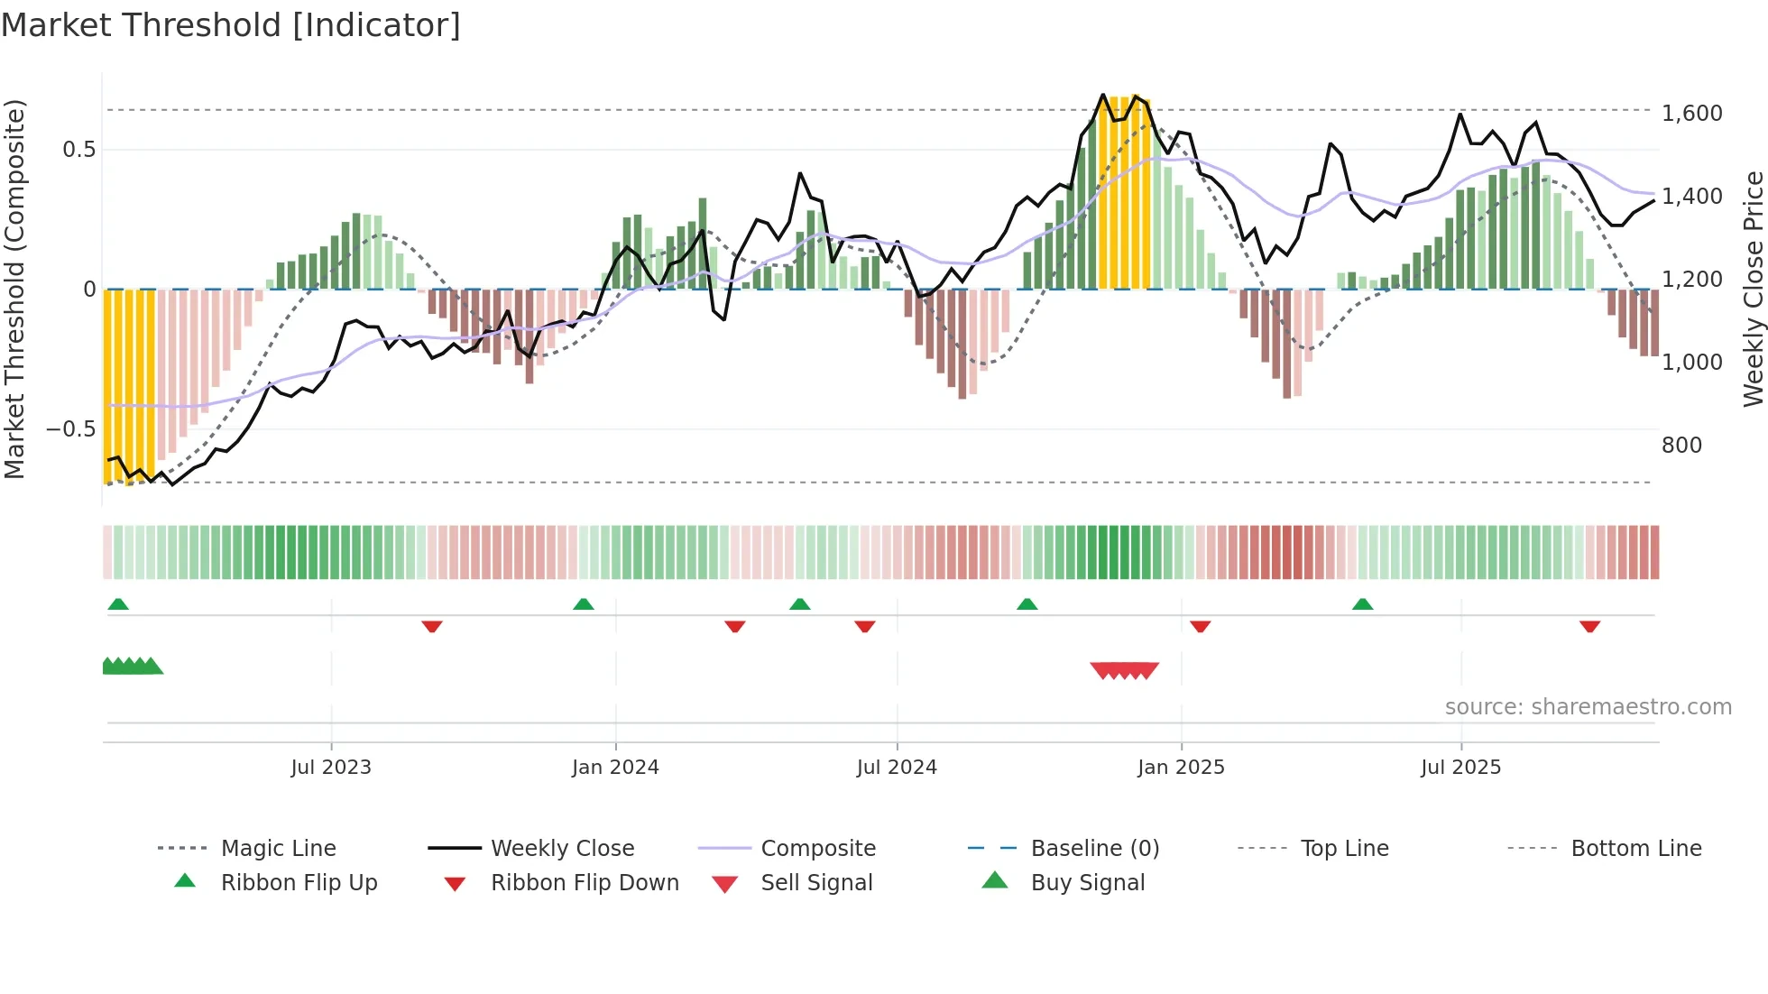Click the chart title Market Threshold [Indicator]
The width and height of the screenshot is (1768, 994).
click(231, 25)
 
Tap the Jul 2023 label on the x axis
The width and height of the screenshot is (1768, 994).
click(331, 767)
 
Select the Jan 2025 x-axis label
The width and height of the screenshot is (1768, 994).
click(1181, 767)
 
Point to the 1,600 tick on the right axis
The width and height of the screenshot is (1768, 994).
click(1691, 114)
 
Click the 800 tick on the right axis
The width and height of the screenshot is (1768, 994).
click(1681, 446)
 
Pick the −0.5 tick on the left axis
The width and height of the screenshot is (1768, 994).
click(70, 429)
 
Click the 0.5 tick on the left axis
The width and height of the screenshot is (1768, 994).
click(78, 150)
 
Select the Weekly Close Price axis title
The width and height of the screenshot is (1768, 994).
click(1753, 289)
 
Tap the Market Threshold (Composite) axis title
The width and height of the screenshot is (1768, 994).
click(14, 289)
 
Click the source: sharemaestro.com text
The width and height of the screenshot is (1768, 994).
click(1588, 707)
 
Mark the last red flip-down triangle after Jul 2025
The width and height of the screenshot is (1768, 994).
click(1589, 626)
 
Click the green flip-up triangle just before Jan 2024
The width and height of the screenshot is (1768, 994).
click(584, 604)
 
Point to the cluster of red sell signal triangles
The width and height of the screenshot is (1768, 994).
click(1124, 670)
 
